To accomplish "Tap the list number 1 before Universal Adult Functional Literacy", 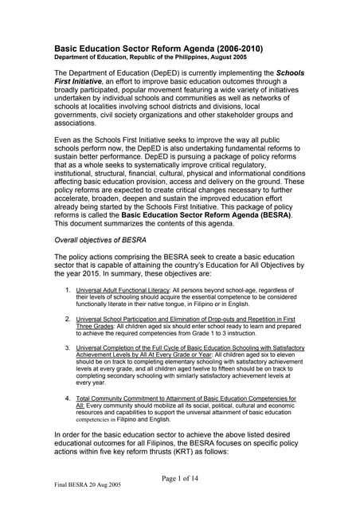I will tap(68, 301).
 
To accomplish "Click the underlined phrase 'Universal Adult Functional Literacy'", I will tap(125, 301).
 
